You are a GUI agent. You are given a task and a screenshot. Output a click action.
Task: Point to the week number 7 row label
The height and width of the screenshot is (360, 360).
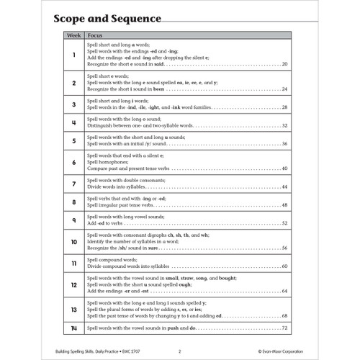pos(74,185)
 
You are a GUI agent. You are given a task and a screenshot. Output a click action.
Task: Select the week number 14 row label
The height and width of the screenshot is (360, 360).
pos(74,328)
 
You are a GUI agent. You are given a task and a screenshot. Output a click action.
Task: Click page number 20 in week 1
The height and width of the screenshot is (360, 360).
pos(285,65)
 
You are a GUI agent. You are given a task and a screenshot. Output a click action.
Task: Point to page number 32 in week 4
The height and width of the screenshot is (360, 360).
pos(285,125)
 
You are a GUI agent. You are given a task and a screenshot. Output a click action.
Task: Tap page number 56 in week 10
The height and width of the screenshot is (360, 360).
pos(285,248)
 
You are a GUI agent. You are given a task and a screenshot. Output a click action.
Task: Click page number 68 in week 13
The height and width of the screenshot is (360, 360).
pos(285,315)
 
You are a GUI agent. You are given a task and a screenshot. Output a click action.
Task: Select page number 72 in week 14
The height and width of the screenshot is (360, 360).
pos(285,328)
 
